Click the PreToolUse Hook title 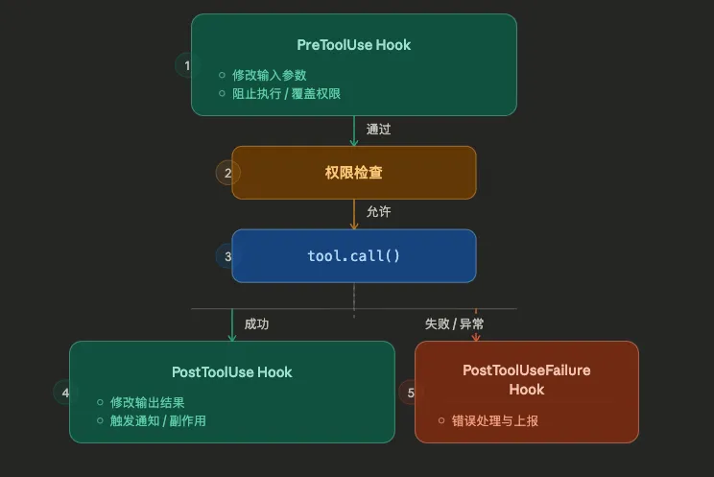[353, 45]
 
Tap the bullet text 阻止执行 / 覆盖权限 [286, 94]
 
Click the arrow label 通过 [378, 129]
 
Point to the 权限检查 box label [353, 173]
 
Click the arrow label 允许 [378, 211]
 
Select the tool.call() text [353, 256]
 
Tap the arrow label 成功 [256, 324]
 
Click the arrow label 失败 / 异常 [454, 324]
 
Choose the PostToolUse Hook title [232, 371]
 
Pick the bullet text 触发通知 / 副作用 [158, 420]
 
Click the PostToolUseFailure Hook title [526, 379]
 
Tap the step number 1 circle [186, 65]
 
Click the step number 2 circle [227, 173]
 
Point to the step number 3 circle [227, 256]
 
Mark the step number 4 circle [65, 392]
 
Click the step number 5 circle [411, 392]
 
